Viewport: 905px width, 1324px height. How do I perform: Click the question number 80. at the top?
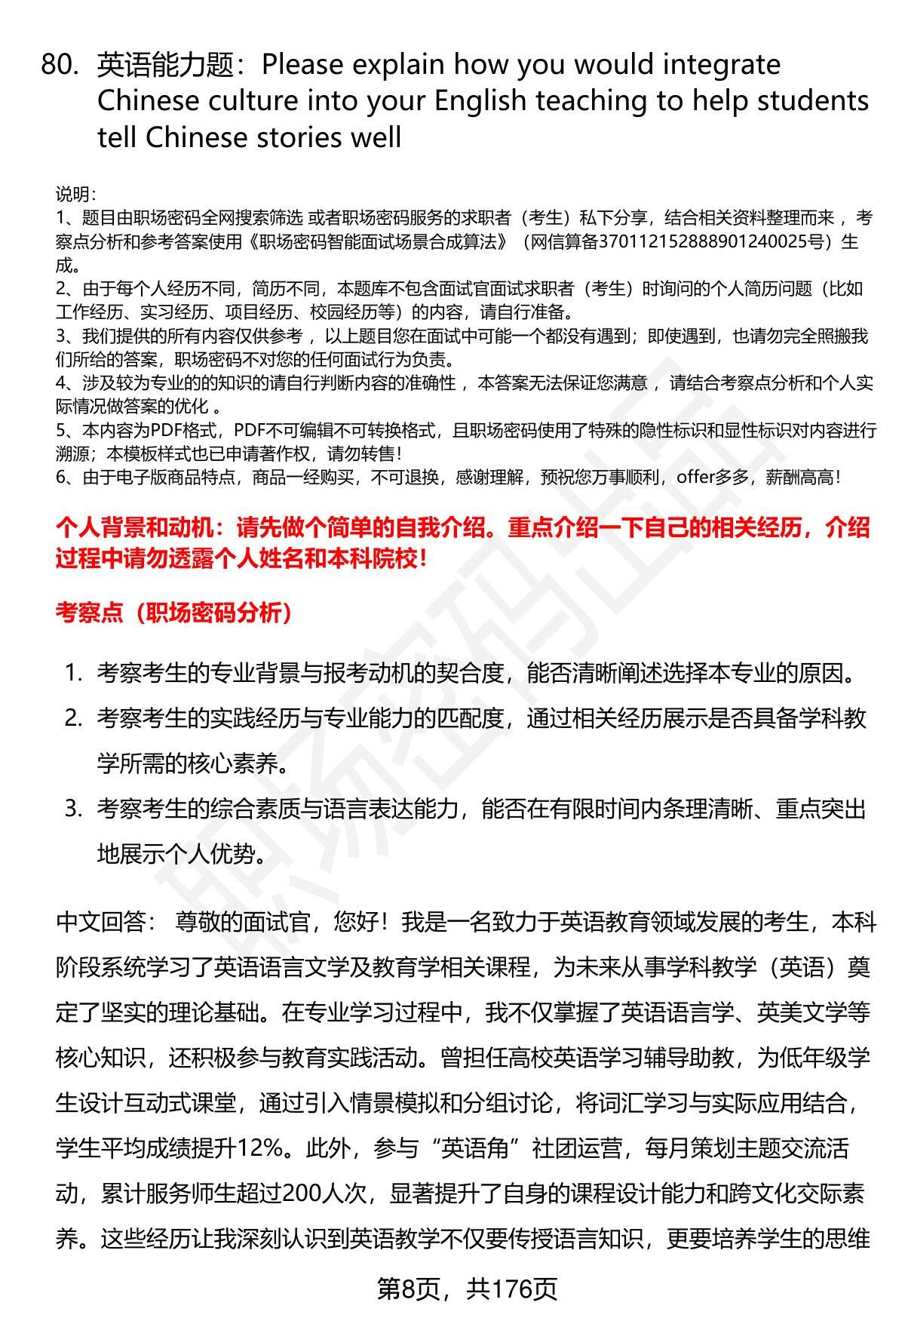click(60, 66)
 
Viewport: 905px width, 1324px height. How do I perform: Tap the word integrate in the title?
click(721, 66)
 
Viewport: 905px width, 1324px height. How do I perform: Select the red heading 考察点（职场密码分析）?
click(175, 613)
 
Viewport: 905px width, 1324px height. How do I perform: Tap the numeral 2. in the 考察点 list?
click(73, 718)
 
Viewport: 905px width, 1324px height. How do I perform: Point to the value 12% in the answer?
click(259, 1148)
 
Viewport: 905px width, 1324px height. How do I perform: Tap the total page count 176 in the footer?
click(512, 1290)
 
